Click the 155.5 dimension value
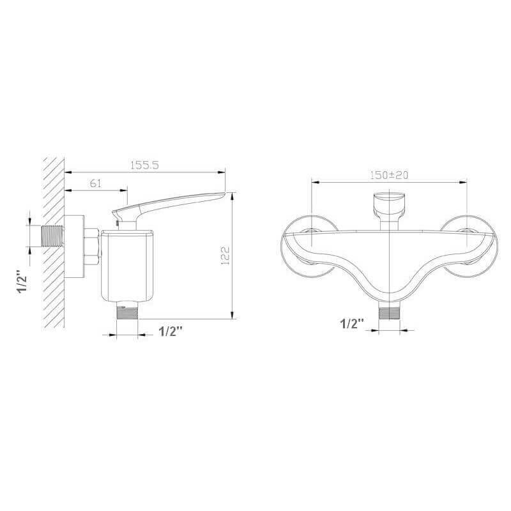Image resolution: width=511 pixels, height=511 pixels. click(x=144, y=165)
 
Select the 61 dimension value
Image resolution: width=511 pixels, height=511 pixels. click(x=95, y=183)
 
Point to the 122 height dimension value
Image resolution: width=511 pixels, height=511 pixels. click(x=225, y=255)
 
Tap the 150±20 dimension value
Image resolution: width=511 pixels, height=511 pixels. click(x=389, y=175)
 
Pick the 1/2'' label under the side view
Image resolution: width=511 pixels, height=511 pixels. click(x=171, y=331)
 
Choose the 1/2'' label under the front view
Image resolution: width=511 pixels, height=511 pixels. click(x=352, y=324)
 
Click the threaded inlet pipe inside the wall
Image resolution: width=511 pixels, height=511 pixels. click(x=52, y=236)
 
